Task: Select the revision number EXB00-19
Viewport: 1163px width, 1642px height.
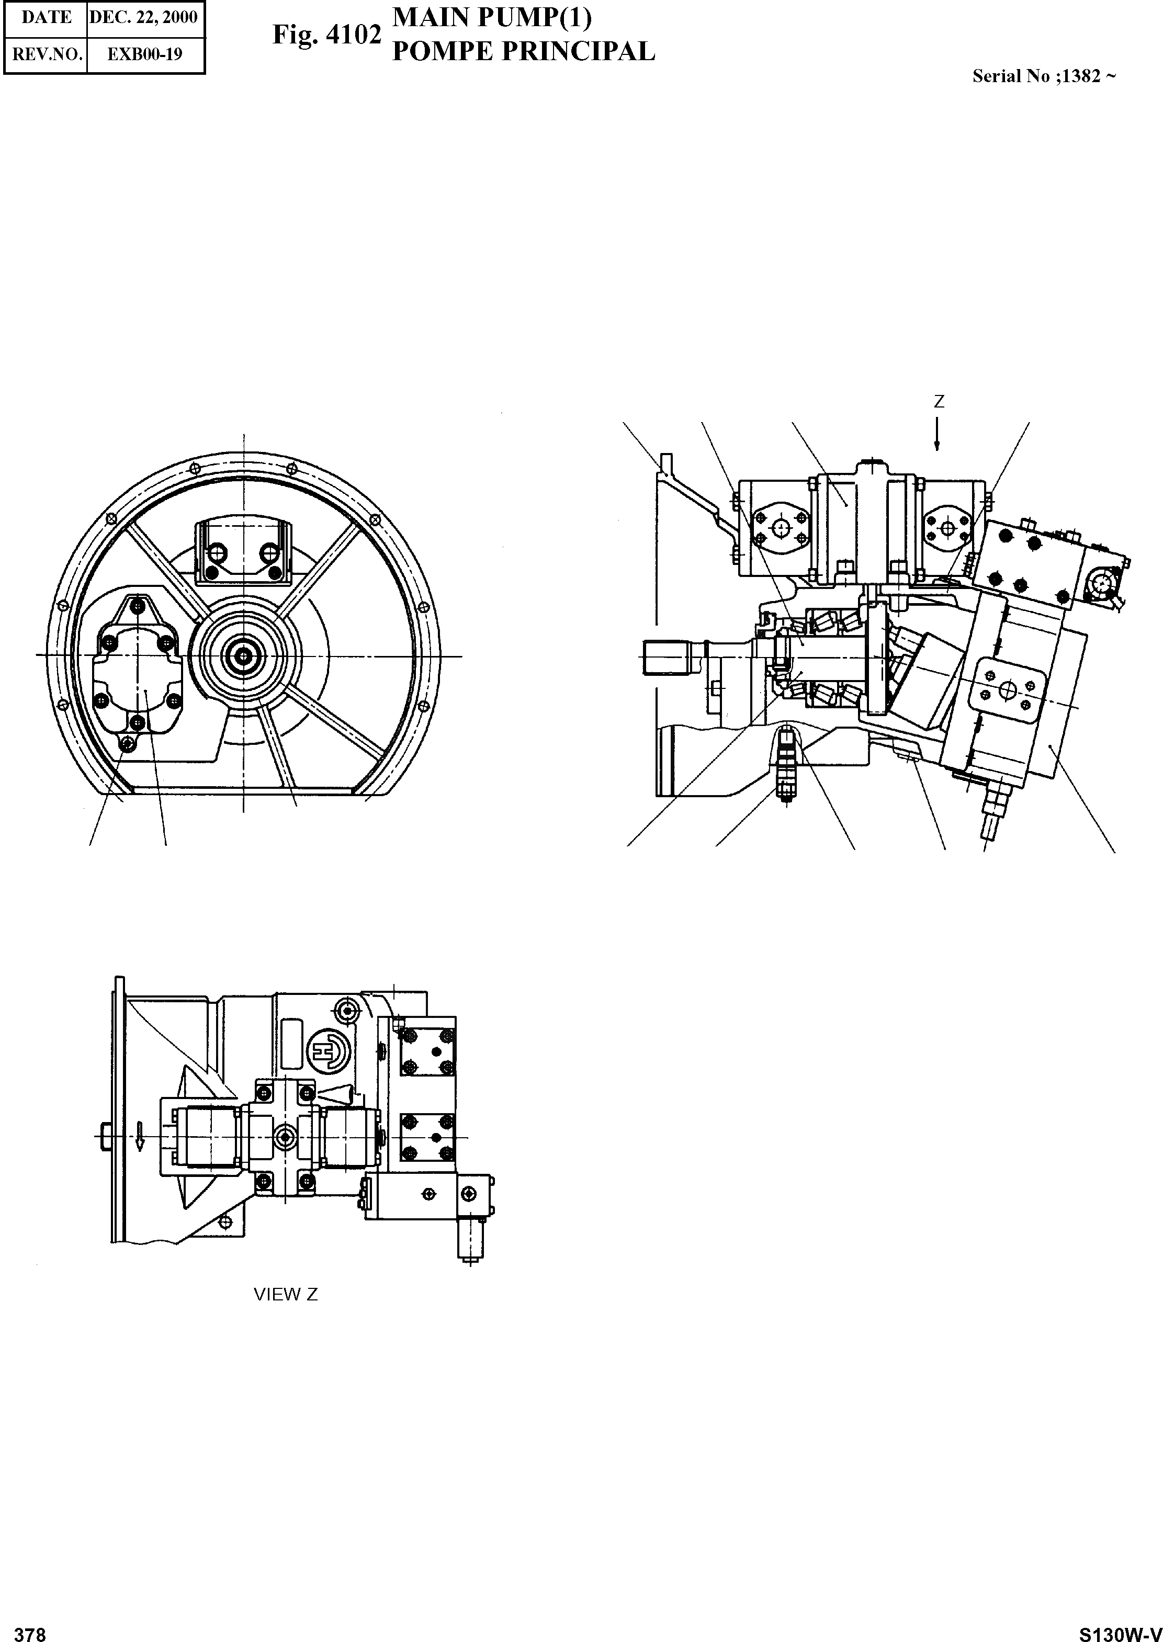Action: coord(145,54)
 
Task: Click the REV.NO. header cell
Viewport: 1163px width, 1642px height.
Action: coord(47,54)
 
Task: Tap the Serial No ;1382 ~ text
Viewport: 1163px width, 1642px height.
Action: coord(1043,76)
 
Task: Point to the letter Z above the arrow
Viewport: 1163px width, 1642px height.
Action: coord(939,402)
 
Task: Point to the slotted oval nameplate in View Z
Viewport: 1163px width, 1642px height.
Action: coord(292,1043)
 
